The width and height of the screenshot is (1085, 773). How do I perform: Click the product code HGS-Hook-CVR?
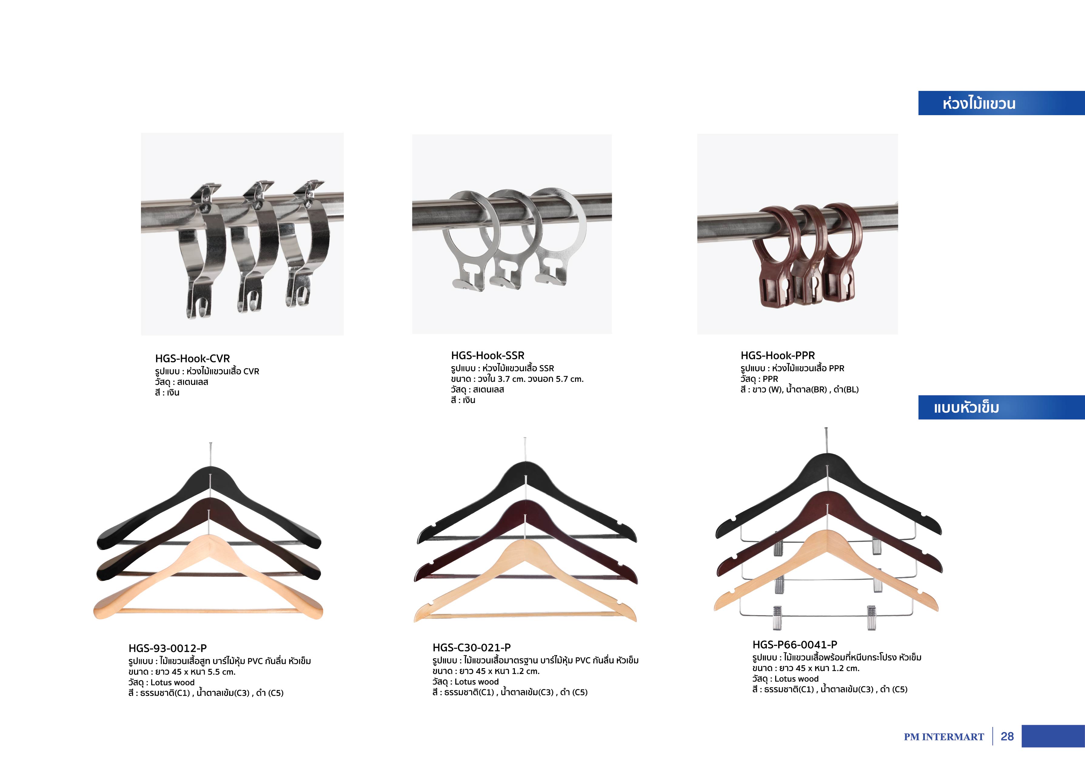(192, 358)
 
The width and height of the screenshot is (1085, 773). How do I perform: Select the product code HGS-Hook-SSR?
(487, 355)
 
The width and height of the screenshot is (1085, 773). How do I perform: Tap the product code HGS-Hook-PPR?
(778, 355)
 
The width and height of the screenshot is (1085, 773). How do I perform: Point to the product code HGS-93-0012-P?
(168, 648)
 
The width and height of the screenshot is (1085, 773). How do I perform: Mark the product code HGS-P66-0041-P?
(795, 645)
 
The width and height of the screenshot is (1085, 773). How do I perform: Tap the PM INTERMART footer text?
(944, 737)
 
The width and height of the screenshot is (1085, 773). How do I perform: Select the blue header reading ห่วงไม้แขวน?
(1001, 103)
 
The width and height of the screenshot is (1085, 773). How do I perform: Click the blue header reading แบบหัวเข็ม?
(1001, 408)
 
